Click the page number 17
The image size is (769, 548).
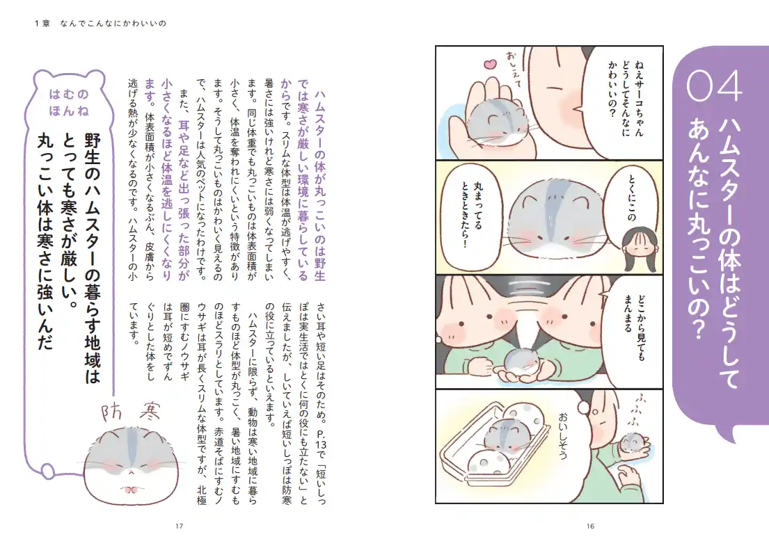179,526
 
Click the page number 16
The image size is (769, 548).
590,526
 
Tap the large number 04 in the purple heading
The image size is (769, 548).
715,86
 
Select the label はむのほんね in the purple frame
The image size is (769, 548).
69,102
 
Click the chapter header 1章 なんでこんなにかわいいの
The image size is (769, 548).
100,23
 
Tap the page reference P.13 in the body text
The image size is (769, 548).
322,442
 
